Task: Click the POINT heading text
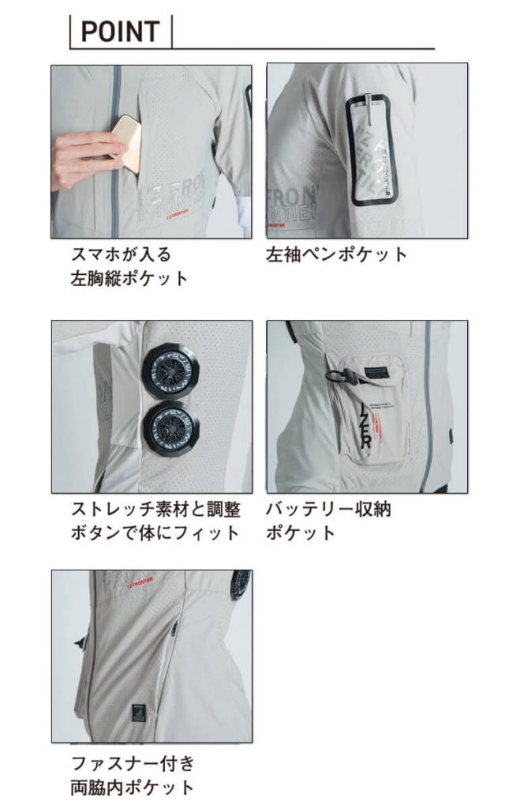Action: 120,32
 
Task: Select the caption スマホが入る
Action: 121,255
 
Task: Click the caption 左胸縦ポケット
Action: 130,278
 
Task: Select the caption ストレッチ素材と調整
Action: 155,509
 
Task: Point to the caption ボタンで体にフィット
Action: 155,532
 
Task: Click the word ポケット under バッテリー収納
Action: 301,532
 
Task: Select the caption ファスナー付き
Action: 132,764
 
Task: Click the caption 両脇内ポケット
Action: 132,787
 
